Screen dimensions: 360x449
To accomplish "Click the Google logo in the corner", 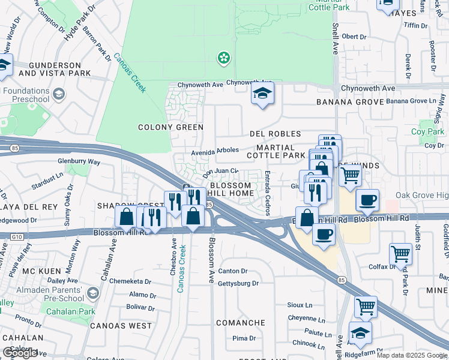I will tap(20, 353).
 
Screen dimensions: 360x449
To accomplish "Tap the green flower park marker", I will tap(223, 58).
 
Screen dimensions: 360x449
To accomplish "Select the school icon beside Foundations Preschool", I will tap(59, 94).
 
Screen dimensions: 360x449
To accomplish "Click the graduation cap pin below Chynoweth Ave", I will tap(262, 94).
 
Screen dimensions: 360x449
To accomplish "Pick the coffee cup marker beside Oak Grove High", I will tap(367, 200).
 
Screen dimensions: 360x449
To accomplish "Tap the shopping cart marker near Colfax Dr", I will tap(400, 253).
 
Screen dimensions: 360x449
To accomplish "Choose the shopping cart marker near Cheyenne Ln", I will tap(366, 307).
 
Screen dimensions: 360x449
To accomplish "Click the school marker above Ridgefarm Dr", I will tap(360, 332).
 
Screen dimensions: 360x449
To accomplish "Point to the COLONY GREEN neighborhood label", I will tap(170, 127).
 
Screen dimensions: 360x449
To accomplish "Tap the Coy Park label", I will tap(427, 131).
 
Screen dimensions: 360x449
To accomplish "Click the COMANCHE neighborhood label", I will tap(240, 323).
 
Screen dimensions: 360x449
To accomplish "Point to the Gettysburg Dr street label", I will tap(238, 283).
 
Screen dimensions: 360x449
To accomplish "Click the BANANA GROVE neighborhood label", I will tap(350, 102).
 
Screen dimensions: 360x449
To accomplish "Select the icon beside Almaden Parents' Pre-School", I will tap(92, 292).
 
